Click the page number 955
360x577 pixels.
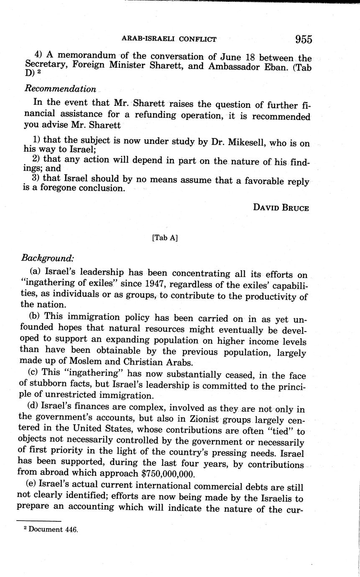tap(303, 39)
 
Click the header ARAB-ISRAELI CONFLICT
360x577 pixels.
tap(169, 39)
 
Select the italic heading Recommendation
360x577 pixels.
tap(60, 89)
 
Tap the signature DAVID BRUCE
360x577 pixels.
tap(281, 208)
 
